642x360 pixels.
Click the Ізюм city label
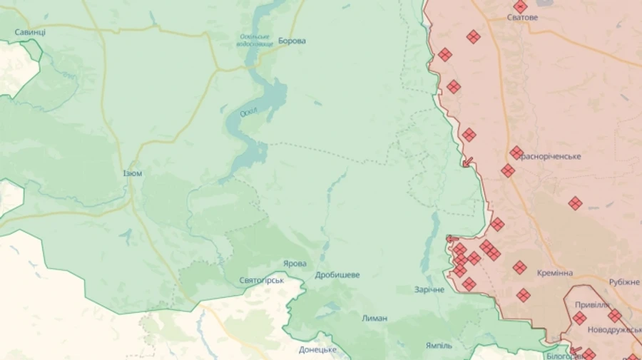tap(132, 173)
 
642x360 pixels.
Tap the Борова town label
tap(292, 41)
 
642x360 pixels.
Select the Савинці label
tap(30, 32)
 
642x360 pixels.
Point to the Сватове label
tap(522, 18)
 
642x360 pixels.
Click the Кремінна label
tap(556, 273)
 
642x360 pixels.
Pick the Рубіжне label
tap(624, 282)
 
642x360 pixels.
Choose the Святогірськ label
tap(262, 280)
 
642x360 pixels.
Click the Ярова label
tap(295, 263)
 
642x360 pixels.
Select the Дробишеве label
tap(337, 275)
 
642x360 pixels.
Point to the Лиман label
tap(374, 318)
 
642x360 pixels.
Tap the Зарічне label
tap(429, 290)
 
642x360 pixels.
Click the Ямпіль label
tap(439, 345)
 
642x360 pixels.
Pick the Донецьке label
tap(317, 349)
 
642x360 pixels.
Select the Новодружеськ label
tap(614, 330)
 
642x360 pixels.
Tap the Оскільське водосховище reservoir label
tap(255, 40)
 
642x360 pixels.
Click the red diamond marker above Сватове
tap(521, 6)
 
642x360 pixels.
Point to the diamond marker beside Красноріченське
tap(517, 153)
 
